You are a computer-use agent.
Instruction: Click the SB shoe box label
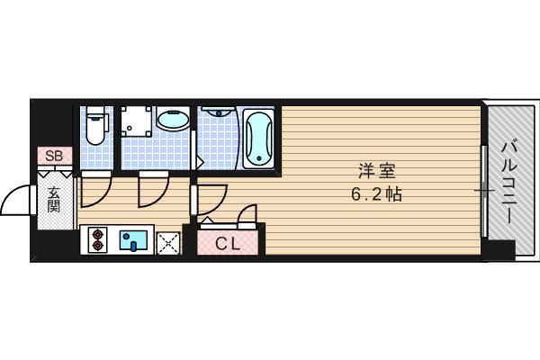tap(53, 156)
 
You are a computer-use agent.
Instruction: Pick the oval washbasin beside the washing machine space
tap(172, 120)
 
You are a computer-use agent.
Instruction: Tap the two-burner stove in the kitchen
tap(99, 240)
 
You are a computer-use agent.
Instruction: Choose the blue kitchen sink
tap(135, 240)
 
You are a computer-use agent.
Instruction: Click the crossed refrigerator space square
tap(168, 241)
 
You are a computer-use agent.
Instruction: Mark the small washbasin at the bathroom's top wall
tap(216, 113)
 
